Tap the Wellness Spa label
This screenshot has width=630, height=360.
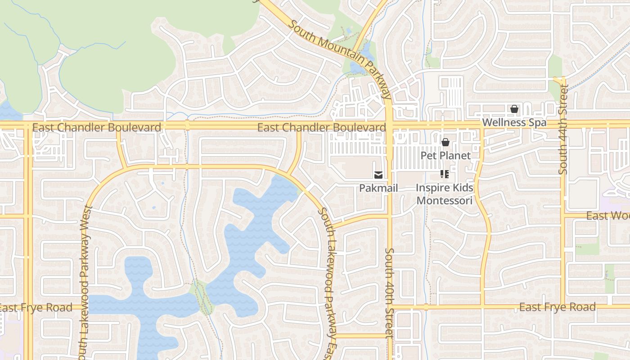[x=514, y=122]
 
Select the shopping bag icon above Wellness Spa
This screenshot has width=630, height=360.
[x=514, y=109]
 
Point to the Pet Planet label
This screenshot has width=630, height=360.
[x=445, y=156]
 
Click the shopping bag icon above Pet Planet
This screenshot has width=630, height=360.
[x=445, y=143]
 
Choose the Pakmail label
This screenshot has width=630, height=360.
[x=378, y=188]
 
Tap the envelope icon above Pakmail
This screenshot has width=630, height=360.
[x=378, y=175]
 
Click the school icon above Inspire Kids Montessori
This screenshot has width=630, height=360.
[x=445, y=174]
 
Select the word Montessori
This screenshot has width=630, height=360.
[x=445, y=201]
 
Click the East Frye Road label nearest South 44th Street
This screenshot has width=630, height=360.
[x=558, y=307]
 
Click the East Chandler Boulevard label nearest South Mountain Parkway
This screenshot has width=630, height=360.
[x=321, y=128]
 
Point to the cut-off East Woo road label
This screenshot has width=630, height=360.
[x=607, y=216]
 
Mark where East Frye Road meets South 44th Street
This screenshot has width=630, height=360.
[x=563, y=307]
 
